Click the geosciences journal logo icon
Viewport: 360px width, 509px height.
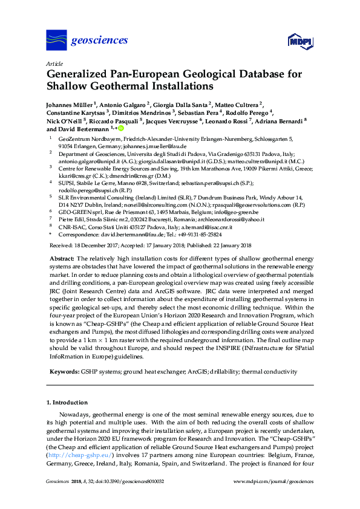[x=56, y=41]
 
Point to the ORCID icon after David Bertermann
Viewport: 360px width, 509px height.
[x=121, y=129]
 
